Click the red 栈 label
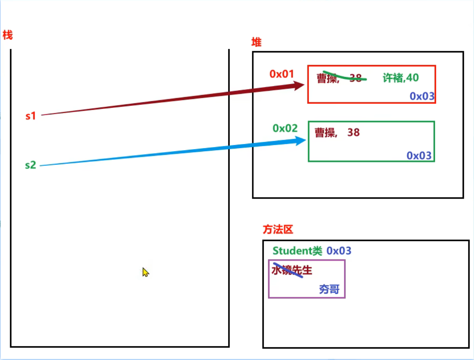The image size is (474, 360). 7,36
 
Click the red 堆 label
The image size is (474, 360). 256,42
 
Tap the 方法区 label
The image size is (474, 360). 278,230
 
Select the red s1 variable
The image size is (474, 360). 31,116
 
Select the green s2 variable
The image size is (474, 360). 30,165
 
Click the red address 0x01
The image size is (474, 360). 282,74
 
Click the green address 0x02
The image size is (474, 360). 285,128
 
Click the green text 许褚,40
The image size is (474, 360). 401,78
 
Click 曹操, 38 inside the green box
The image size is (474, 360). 337,133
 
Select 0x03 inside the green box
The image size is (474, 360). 419,156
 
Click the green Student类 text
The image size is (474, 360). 297,251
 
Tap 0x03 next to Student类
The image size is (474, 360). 339,251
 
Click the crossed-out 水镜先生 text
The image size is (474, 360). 292,270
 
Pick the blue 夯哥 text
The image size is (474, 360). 329,289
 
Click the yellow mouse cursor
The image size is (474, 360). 145,272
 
